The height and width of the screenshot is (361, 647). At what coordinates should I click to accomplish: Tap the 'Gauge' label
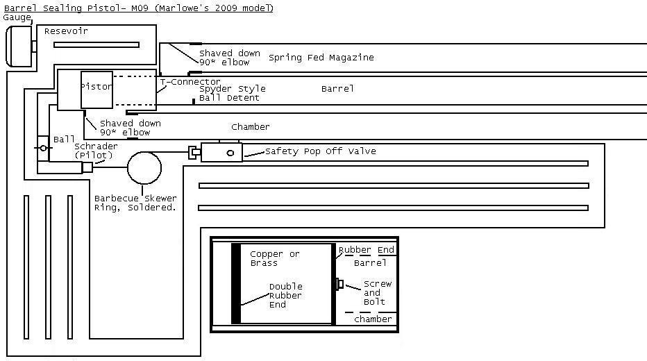pos(17,17)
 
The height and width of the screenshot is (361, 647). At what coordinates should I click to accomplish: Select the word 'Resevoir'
pos(66,31)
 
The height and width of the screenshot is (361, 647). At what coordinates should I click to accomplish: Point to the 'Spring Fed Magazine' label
pos(321,58)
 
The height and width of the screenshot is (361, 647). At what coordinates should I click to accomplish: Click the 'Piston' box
pos(96,89)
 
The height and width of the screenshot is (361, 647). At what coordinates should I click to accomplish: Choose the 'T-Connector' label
pos(190,82)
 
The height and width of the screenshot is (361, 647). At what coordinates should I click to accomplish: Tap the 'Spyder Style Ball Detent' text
pos(232,93)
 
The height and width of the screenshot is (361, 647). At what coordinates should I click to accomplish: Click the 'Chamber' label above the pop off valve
pos(250,127)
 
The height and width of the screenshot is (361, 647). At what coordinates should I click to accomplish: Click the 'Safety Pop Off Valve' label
pos(320,151)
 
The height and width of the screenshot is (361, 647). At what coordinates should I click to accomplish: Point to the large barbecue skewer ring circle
pos(144,167)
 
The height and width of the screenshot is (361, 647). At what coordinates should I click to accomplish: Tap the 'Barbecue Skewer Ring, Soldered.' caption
pos(135,203)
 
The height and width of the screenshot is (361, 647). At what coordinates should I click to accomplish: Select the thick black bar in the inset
pos(236,283)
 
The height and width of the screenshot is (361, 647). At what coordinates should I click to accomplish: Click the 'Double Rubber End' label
pos(285,295)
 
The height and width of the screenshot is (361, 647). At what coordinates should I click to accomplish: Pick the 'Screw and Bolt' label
pos(377,292)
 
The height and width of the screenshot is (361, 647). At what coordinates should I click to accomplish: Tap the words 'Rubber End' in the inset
pos(366,250)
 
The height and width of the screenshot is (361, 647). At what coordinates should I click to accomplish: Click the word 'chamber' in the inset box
pos(373,319)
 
